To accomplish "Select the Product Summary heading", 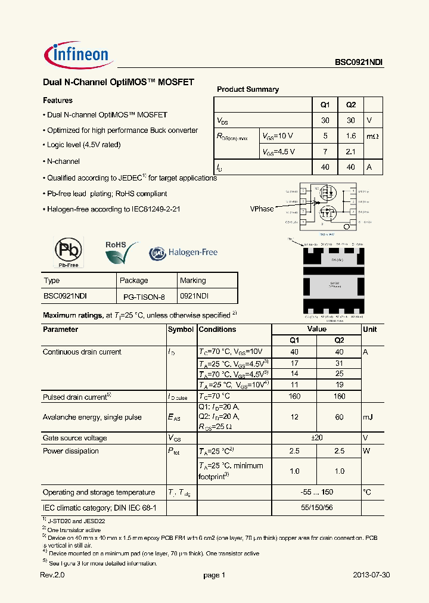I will point(248,89).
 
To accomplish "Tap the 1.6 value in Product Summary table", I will point(350,136).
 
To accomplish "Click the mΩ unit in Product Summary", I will point(372,136).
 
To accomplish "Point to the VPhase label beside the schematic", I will point(262,209).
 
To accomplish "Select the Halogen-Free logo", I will point(184,253).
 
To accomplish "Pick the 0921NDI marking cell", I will point(194,296).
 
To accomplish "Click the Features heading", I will point(58,101).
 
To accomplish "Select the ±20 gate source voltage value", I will point(316,438).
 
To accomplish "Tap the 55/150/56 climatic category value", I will point(316,508).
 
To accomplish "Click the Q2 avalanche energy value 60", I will point(339,417).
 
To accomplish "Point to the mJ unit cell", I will point(368,417).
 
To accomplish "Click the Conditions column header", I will point(217,330).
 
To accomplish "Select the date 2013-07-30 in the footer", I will point(372,576).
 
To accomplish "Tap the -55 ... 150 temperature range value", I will point(316,493).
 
